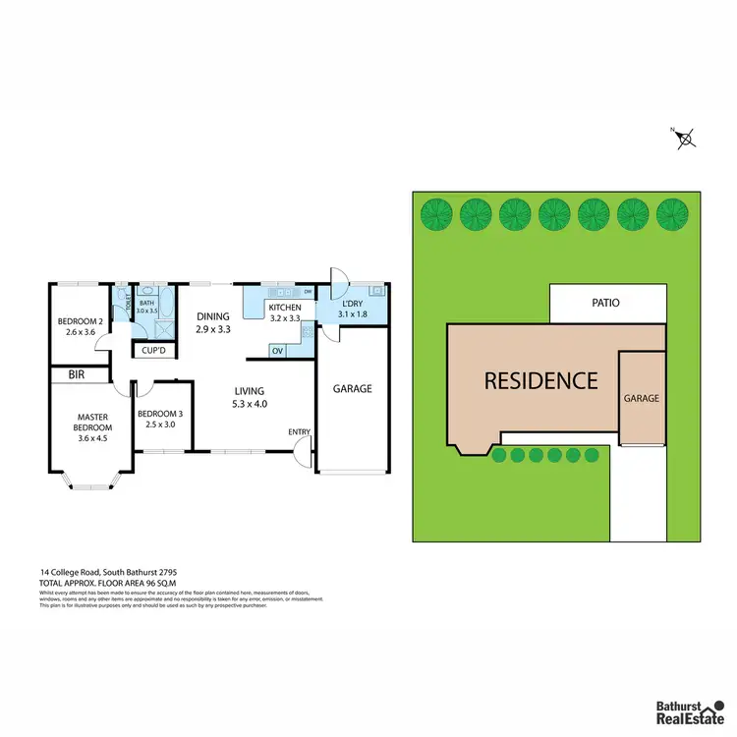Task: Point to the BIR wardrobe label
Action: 77,375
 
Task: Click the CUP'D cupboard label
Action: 152,350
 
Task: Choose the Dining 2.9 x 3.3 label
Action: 212,322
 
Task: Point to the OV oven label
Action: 277,351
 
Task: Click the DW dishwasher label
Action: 308,292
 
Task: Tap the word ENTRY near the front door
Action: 299,432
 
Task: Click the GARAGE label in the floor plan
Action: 352,389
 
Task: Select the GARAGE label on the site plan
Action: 641,399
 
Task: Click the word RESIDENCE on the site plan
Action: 540,381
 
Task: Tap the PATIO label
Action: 605,304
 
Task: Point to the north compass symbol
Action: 686,138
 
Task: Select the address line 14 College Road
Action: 108,571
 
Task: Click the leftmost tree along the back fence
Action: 436,211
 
